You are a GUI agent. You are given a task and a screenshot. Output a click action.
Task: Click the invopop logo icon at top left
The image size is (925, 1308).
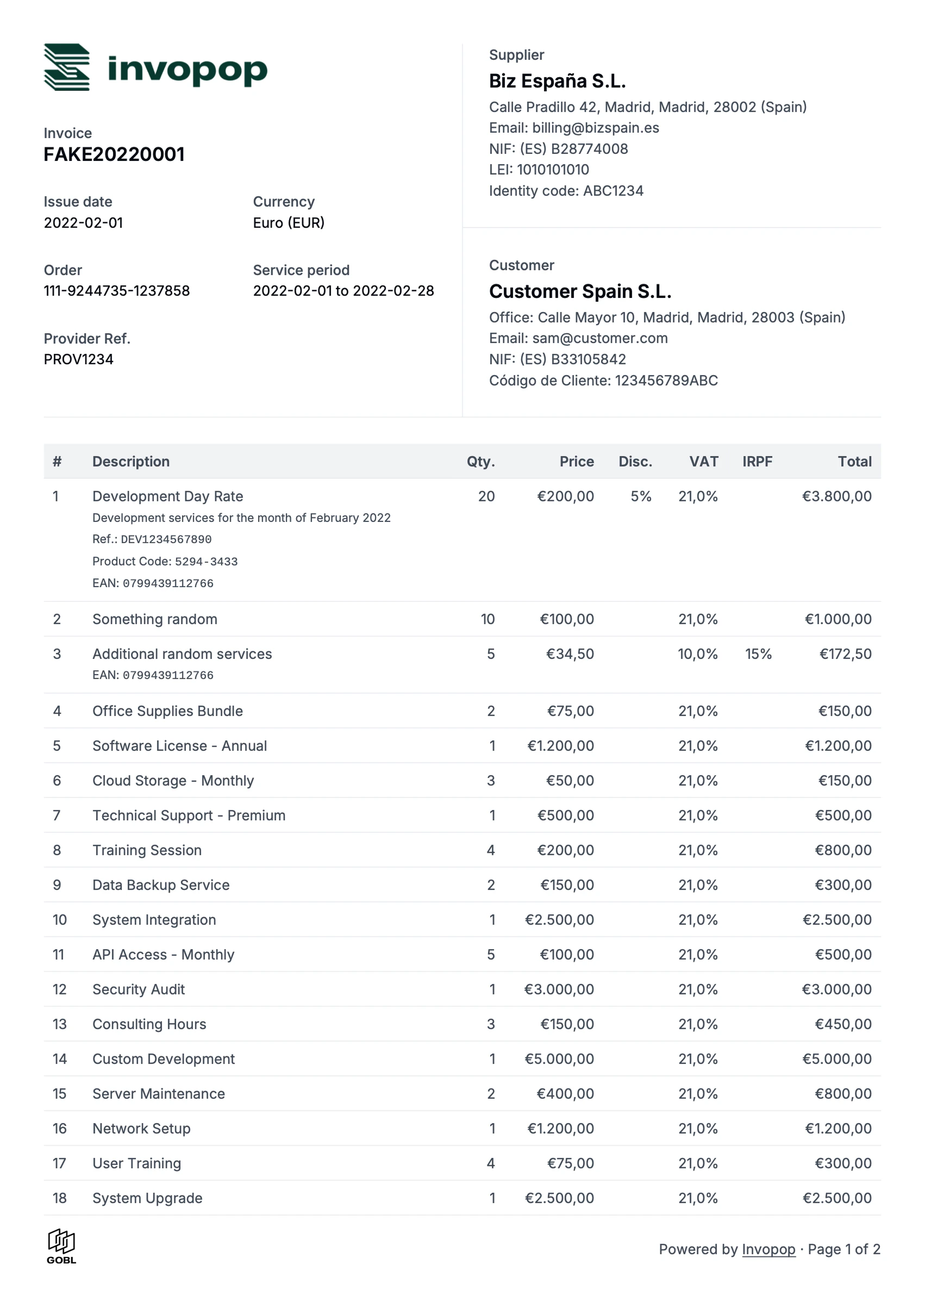click(67, 67)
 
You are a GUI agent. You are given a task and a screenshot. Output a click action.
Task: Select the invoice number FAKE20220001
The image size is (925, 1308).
click(114, 154)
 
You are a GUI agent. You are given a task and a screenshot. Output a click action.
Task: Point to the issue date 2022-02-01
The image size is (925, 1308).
click(83, 223)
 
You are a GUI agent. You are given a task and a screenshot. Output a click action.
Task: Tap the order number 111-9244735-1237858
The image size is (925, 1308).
click(117, 291)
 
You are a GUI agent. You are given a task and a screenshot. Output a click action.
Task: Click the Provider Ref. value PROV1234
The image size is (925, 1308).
click(79, 359)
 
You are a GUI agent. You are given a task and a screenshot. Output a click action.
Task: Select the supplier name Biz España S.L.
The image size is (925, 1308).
click(557, 81)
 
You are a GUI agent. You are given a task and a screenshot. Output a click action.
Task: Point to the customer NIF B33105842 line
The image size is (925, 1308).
click(557, 359)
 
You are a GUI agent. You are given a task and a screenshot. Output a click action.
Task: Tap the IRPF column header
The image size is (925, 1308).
click(757, 462)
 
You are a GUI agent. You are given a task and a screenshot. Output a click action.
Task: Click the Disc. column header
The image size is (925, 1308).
click(635, 462)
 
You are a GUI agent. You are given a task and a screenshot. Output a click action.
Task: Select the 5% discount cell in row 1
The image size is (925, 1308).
click(641, 496)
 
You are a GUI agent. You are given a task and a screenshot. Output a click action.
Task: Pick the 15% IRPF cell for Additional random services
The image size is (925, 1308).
click(758, 654)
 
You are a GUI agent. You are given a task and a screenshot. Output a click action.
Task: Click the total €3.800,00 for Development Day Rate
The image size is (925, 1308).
click(836, 496)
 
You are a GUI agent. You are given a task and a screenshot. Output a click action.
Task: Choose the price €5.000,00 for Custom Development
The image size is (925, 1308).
click(559, 1059)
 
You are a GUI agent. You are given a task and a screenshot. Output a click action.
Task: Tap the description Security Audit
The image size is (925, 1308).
click(139, 989)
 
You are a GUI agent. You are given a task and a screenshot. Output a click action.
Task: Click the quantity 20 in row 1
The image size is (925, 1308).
click(486, 496)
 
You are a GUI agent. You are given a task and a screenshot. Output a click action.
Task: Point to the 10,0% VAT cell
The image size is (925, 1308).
click(697, 654)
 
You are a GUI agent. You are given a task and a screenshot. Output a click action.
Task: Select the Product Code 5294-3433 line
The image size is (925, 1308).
click(165, 562)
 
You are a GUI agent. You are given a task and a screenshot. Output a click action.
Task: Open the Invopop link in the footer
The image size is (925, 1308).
click(768, 1249)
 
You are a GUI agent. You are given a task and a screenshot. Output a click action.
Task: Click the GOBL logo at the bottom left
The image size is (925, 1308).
click(61, 1247)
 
